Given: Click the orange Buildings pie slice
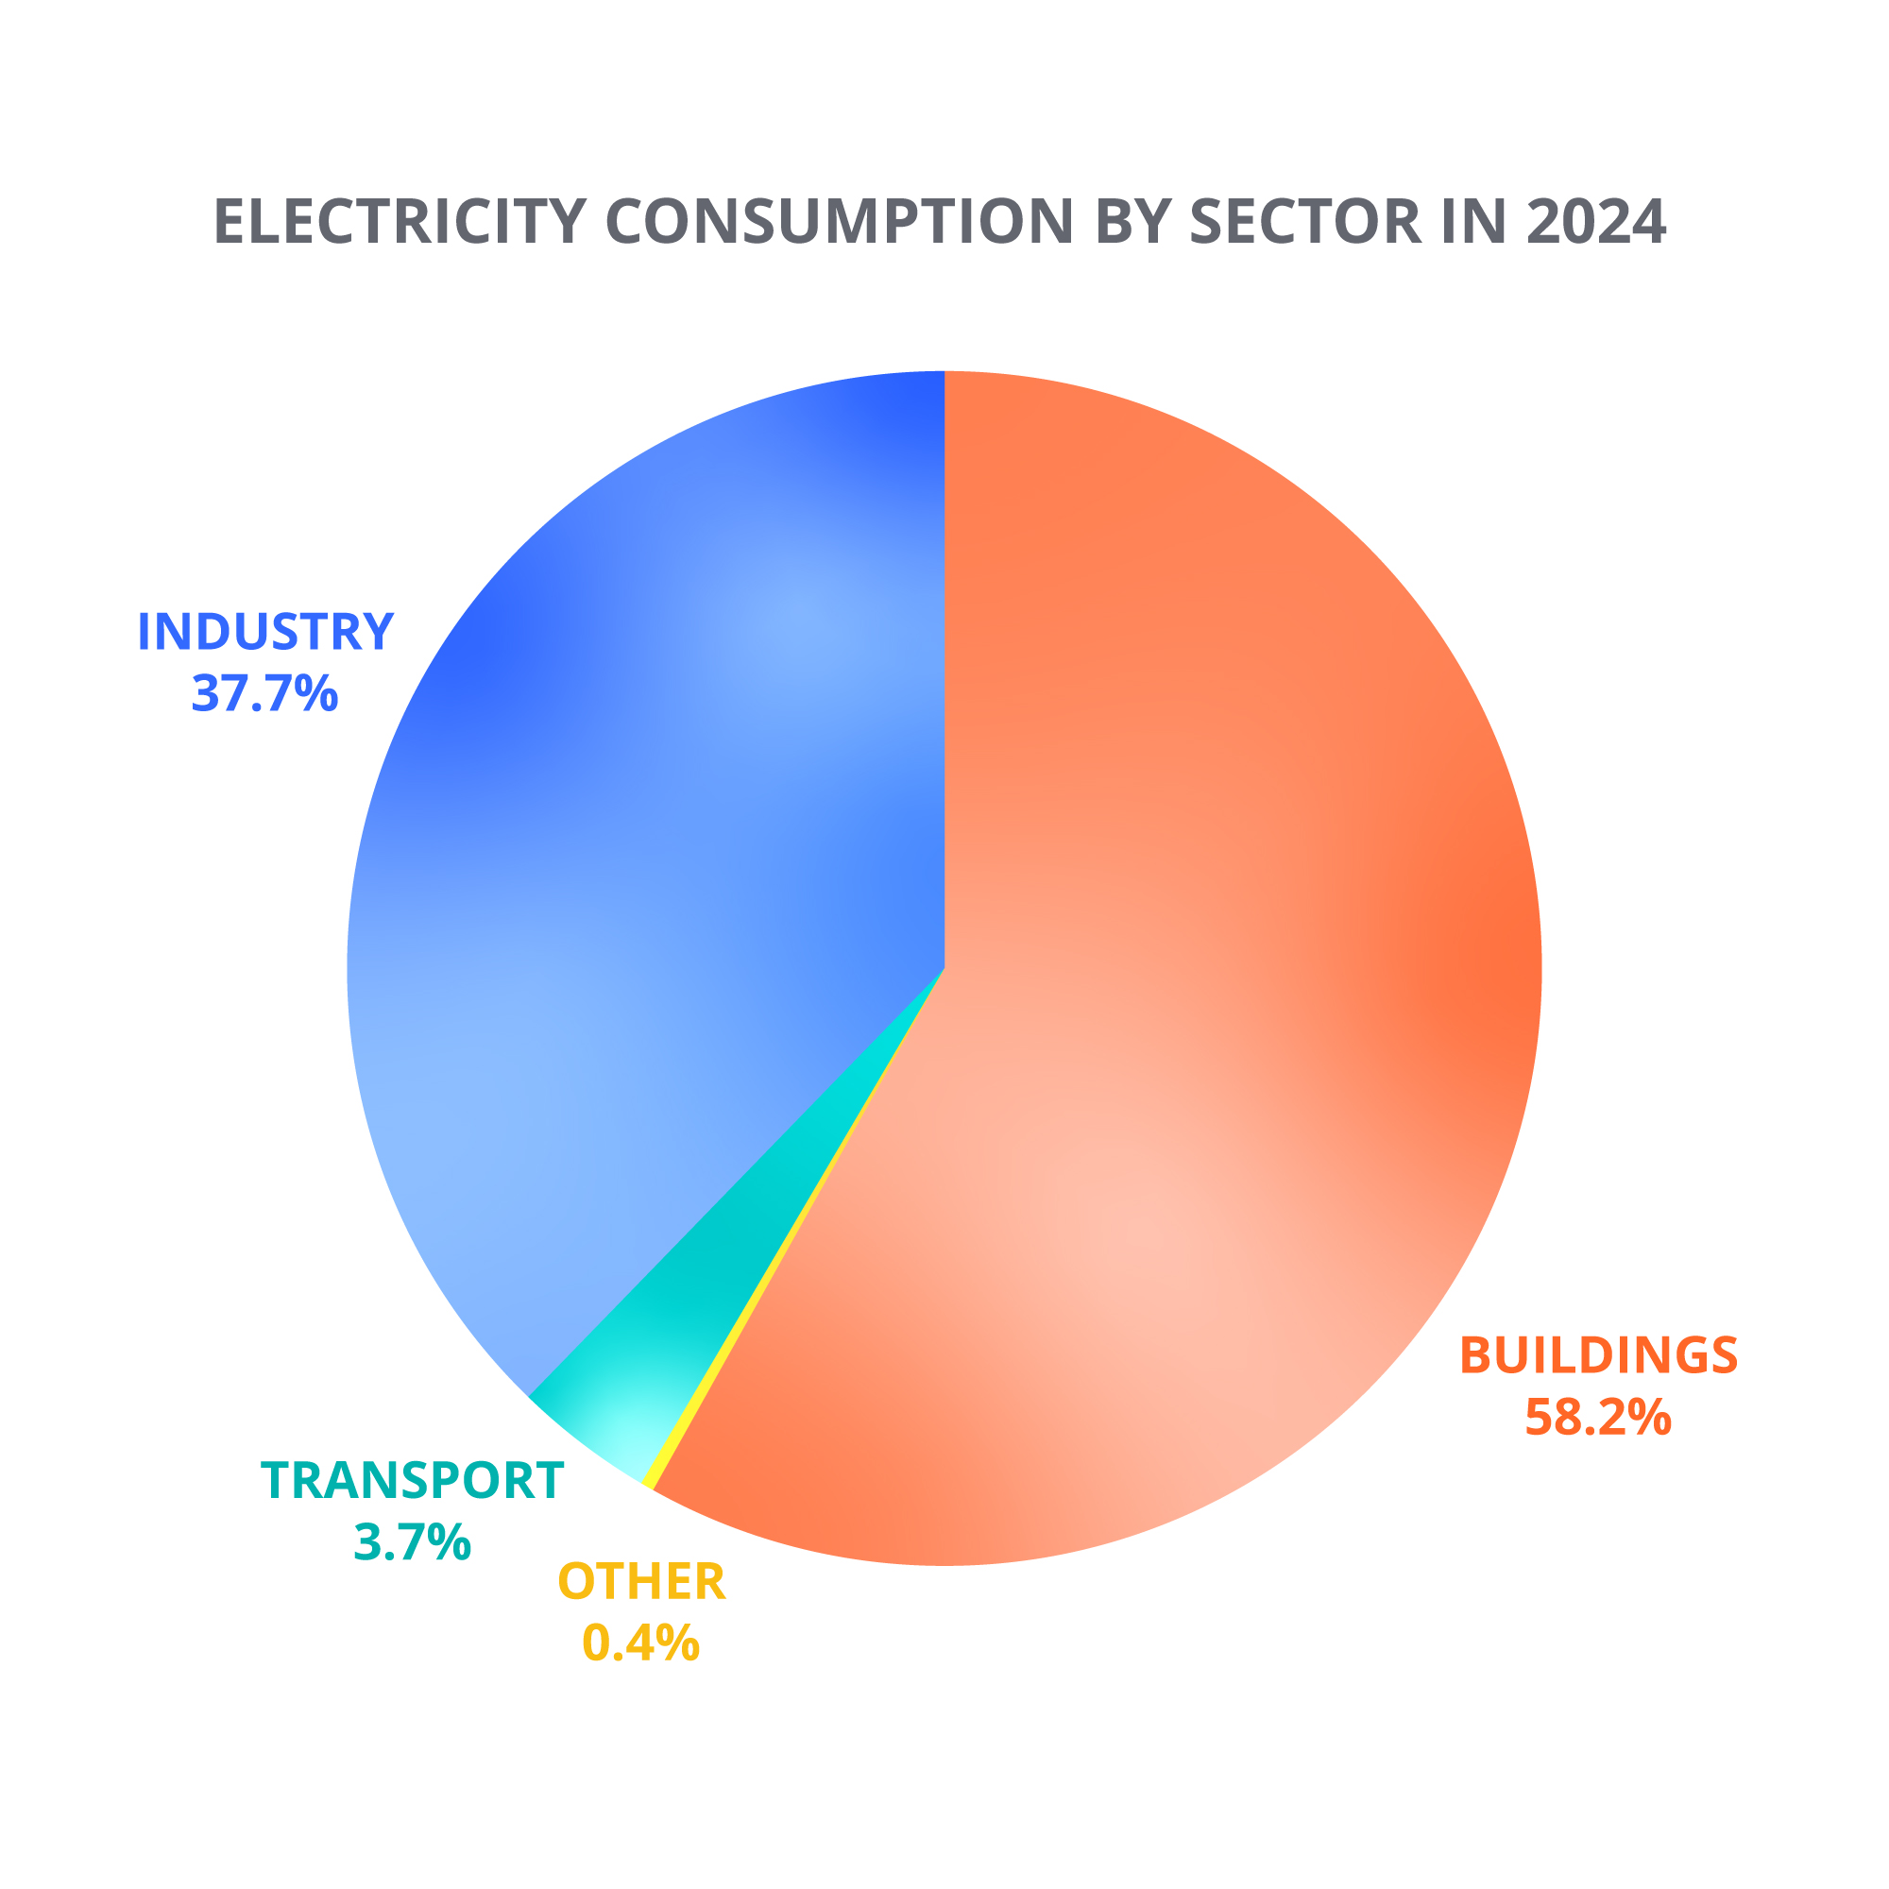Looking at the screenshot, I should [1222, 978].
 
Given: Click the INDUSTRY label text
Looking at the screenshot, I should [265, 632].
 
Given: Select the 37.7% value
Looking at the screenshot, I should [265, 693].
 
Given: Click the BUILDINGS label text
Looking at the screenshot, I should [1599, 1355].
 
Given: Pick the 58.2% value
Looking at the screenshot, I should [1599, 1417].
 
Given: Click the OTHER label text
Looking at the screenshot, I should [641, 1582].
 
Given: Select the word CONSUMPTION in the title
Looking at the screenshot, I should [841, 222].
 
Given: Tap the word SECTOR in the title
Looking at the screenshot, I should [1304, 222].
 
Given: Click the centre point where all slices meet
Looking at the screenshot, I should [944, 968].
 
